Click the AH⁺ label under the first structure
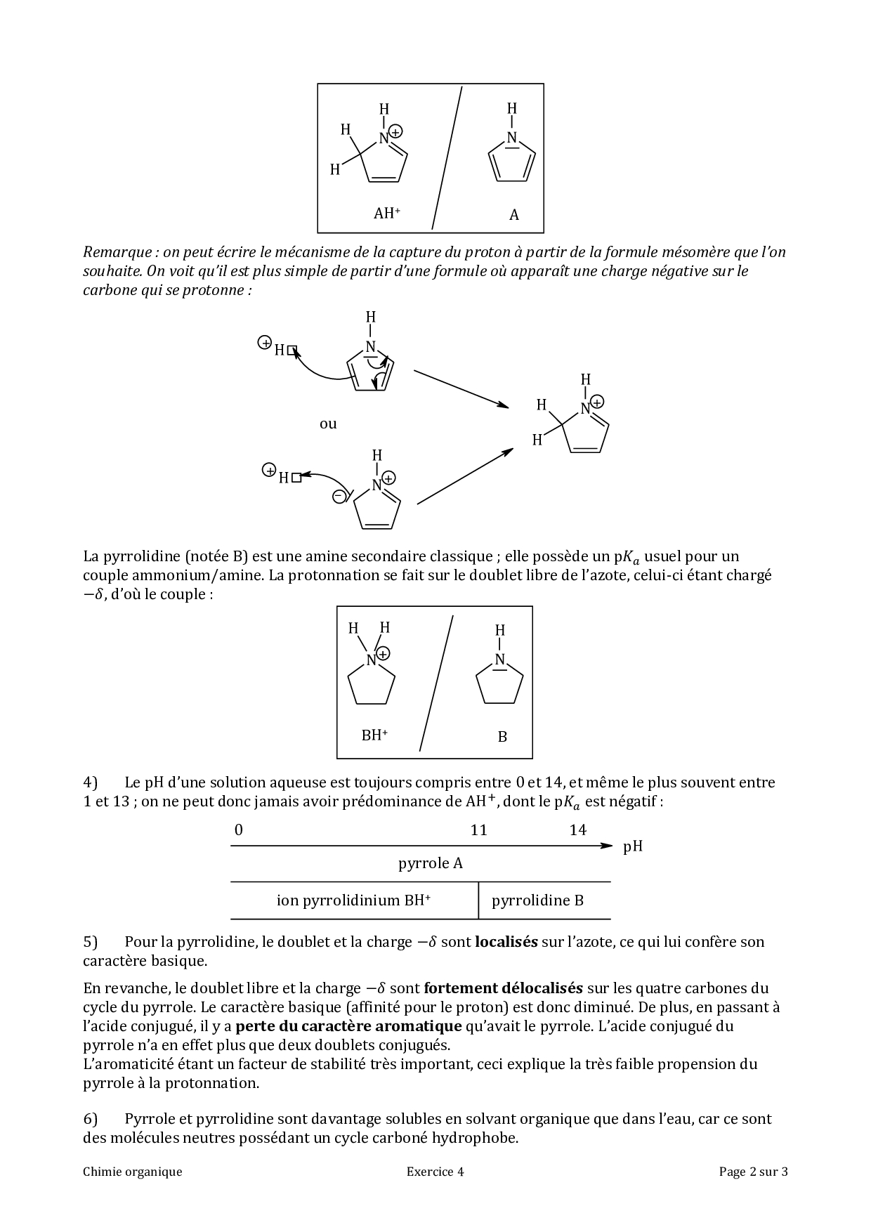[386, 214]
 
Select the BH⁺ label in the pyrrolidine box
[374, 735]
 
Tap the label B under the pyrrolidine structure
[502, 737]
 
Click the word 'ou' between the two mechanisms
[328, 424]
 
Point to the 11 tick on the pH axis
[478, 830]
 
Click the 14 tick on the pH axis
[577, 830]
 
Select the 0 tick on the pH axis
[239, 830]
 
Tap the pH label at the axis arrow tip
[632, 846]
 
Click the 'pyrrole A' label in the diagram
[431, 863]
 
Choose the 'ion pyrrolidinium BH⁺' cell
[353, 900]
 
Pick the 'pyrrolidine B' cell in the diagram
[537, 900]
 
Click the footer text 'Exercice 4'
[435, 1171]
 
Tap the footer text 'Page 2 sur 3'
[753, 1171]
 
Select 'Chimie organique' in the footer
[132, 1171]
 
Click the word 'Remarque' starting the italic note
[117, 252]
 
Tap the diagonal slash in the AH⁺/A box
[447, 158]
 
